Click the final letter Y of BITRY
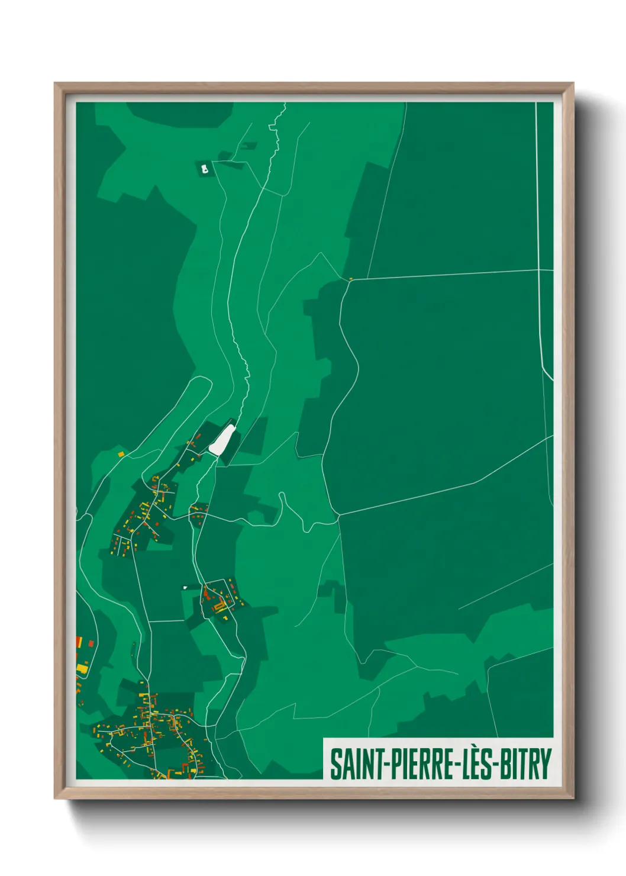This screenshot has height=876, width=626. (x=545, y=764)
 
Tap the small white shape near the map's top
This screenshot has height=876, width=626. (x=205, y=169)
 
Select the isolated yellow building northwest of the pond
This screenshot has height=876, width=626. (x=121, y=455)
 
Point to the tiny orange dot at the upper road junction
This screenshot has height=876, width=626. (x=351, y=279)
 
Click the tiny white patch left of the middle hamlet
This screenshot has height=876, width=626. (x=185, y=588)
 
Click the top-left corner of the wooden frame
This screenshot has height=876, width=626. (x=55, y=83)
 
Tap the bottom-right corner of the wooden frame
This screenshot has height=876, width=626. (x=573, y=798)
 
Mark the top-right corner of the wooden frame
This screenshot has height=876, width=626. (x=573, y=83)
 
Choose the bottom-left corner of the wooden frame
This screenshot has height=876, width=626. (x=55, y=798)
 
